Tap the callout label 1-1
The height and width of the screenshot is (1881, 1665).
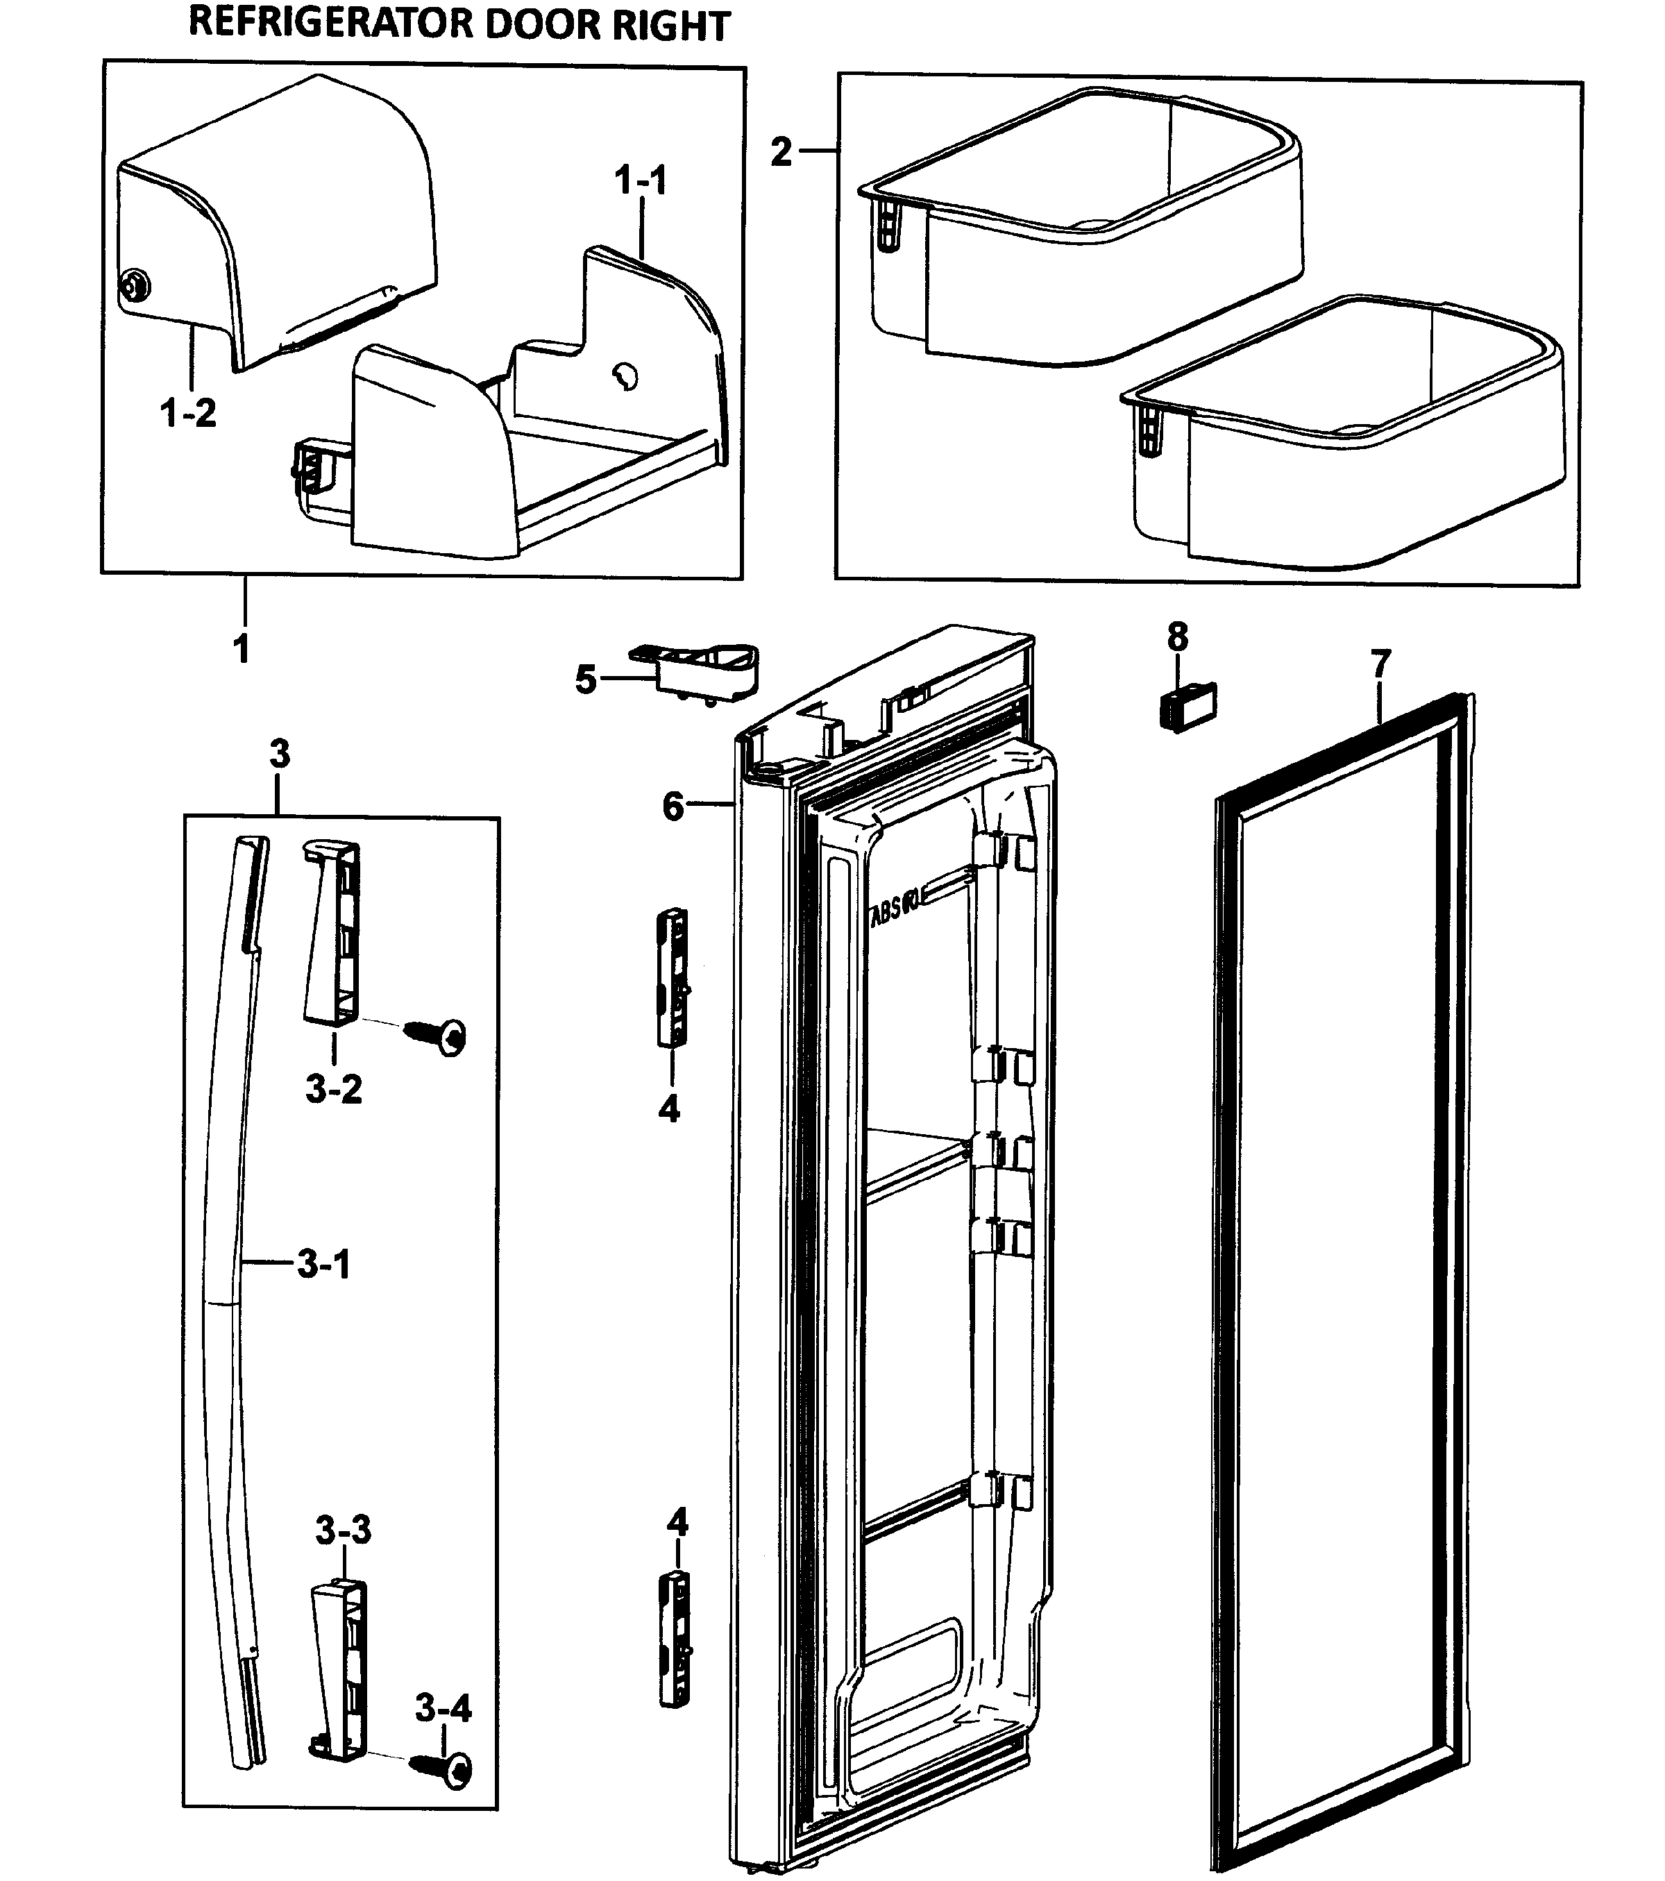[x=641, y=180]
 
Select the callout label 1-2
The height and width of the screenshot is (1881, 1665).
[x=189, y=413]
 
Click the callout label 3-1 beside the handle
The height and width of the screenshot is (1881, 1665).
[x=324, y=1265]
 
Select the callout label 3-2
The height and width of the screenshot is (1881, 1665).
[x=333, y=1090]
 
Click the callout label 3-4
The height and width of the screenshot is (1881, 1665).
[x=443, y=1710]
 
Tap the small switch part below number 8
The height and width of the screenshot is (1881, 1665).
[x=1186, y=706]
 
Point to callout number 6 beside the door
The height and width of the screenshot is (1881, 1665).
[x=673, y=807]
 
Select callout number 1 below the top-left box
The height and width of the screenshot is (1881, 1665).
[x=241, y=649]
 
